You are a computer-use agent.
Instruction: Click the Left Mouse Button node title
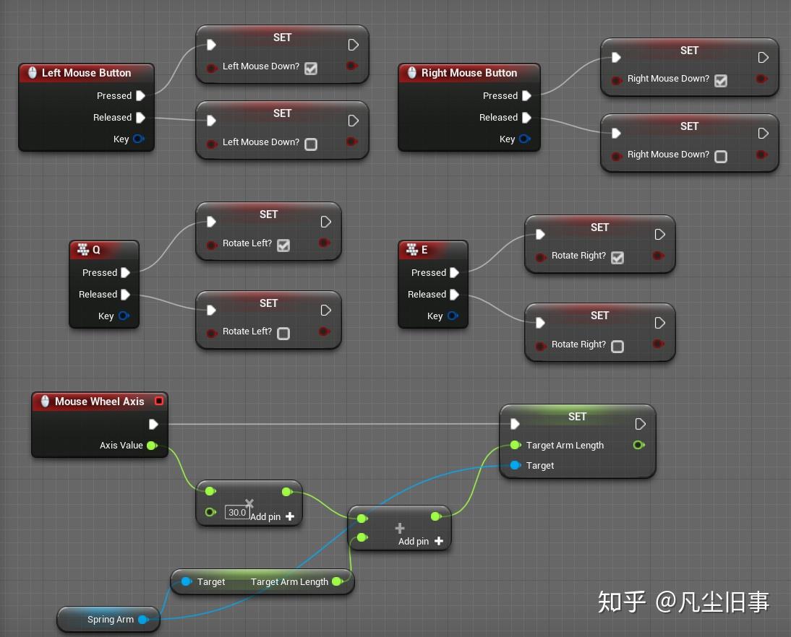coord(86,73)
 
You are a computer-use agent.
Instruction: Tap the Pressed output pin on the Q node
coord(126,273)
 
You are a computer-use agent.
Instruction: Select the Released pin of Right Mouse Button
coord(526,118)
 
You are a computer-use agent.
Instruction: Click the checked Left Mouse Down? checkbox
coord(311,68)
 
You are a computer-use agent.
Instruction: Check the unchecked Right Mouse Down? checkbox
coord(721,156)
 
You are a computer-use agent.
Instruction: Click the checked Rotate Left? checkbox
coord(283,245)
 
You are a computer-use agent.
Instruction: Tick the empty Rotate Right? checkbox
coord(617,346)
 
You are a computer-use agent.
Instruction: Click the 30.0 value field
coord(236,513)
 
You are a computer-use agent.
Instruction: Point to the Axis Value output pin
coord(152,446)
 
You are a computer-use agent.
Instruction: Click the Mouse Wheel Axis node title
coord(99,402)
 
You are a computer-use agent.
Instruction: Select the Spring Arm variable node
coord(110,620)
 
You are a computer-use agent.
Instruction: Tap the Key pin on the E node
coord(453,316)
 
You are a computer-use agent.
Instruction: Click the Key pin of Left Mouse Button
coord(138,139)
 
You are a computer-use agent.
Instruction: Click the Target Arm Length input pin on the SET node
coord(515,446)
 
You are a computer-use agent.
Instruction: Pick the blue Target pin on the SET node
coord(515,466)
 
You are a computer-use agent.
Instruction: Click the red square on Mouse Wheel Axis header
coord(159,402)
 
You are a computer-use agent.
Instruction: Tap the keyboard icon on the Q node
coord(82,250)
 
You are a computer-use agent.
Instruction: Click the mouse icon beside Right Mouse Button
coord(412,73)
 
